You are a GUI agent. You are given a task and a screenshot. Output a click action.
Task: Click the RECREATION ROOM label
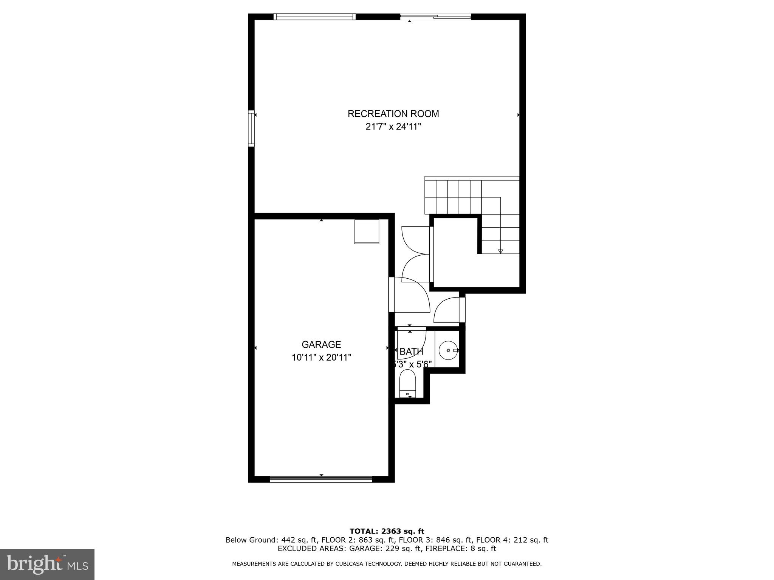click(x=393, y=114)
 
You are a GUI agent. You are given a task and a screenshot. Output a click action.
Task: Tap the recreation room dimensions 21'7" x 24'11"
click(x=393, y=127)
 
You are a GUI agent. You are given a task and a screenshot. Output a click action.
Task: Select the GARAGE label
click(x=321, y=344)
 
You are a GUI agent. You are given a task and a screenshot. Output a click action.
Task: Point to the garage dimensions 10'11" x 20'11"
click(x=321, y=357)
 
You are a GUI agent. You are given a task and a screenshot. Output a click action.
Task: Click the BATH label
click(x=411, y=352)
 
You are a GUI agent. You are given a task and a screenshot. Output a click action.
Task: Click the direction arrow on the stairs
click(x=501, y=251)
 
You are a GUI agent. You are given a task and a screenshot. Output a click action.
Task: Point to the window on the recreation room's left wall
click(x=251, y=128)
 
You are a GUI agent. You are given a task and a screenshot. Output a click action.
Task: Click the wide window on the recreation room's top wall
click(x=314, y=17)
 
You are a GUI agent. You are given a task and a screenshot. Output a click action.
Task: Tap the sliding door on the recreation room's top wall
click(x=435, y=17)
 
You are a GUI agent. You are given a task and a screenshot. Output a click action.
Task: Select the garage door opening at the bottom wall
click(x=321, y=480)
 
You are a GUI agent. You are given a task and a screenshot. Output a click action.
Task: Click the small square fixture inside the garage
click(x=367, y=231)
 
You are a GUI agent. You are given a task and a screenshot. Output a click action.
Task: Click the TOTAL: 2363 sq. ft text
click(x=387, y=532)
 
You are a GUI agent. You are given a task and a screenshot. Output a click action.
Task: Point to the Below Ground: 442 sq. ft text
click(x=271, y=540)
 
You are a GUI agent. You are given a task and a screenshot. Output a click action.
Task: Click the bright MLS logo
click(x=47, y=564)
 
